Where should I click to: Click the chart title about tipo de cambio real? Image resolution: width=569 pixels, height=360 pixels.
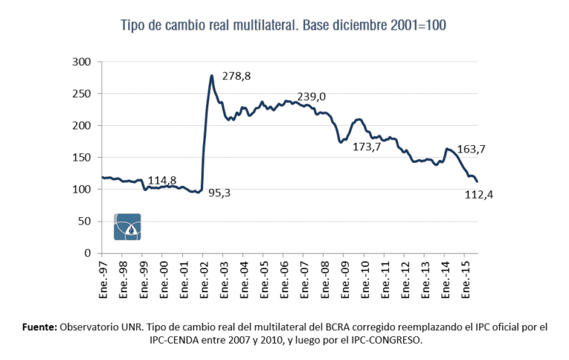[284, 25]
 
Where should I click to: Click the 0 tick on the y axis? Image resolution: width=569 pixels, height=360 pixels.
[86, 253]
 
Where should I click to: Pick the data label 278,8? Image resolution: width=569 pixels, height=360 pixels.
[236, 76]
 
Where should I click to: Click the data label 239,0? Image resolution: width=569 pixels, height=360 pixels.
[311, 96]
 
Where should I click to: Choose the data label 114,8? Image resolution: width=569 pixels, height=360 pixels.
[162, 180]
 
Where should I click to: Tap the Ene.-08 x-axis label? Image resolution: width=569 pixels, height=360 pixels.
[325, 276]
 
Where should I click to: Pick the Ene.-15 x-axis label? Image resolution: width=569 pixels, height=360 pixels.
[466, 276]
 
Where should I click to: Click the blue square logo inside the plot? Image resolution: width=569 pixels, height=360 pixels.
[127, 227]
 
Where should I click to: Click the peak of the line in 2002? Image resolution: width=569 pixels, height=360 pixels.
[212, 76]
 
